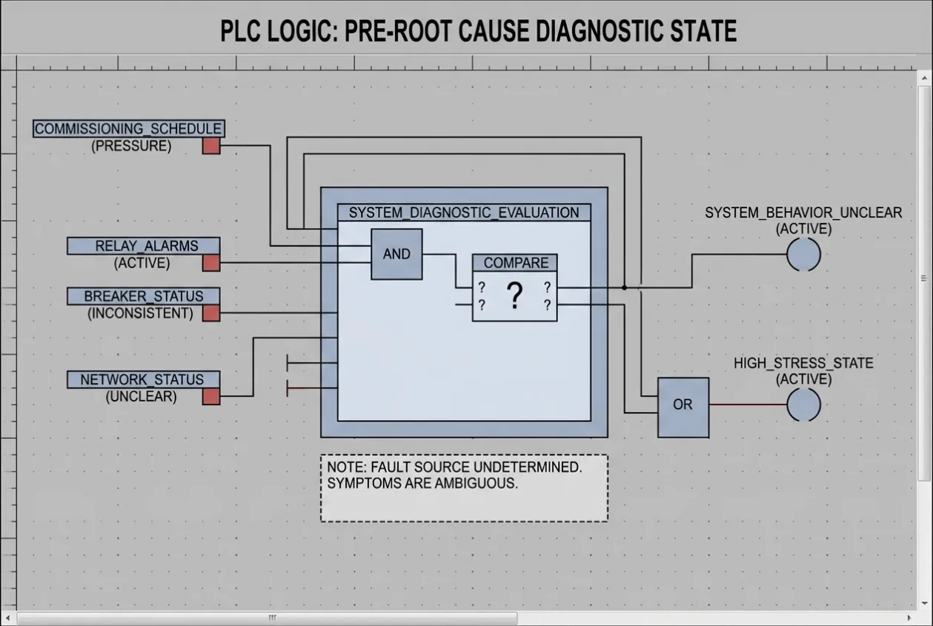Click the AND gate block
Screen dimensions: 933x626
tap(396, 254)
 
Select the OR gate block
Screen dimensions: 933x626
tap(683, 407)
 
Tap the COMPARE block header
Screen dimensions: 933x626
tap(515, 263)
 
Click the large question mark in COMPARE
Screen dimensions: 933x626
tap(515, 295)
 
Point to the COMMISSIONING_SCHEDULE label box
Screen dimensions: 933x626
tap(129, 128)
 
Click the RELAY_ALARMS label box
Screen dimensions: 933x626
tap(143, 246)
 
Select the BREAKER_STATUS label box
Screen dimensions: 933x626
tap(143, 296)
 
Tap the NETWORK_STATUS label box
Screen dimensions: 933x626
tap(143, 379)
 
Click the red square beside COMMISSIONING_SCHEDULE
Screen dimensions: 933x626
tap(211, 146)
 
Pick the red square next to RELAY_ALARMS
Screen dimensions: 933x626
tap(211, 263)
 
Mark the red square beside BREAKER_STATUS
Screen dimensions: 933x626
tap(211, 313)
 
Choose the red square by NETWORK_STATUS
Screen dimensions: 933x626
tap(211, 396)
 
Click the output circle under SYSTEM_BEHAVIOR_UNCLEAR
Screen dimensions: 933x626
tap(803, 255)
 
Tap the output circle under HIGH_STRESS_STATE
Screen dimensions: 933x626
tap(803, 404)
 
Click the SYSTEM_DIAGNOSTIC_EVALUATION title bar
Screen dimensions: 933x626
tap(464, 213)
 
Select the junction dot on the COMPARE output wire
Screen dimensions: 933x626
tap(624, 287)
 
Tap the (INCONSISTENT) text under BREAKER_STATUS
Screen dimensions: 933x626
tap(140, 313)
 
